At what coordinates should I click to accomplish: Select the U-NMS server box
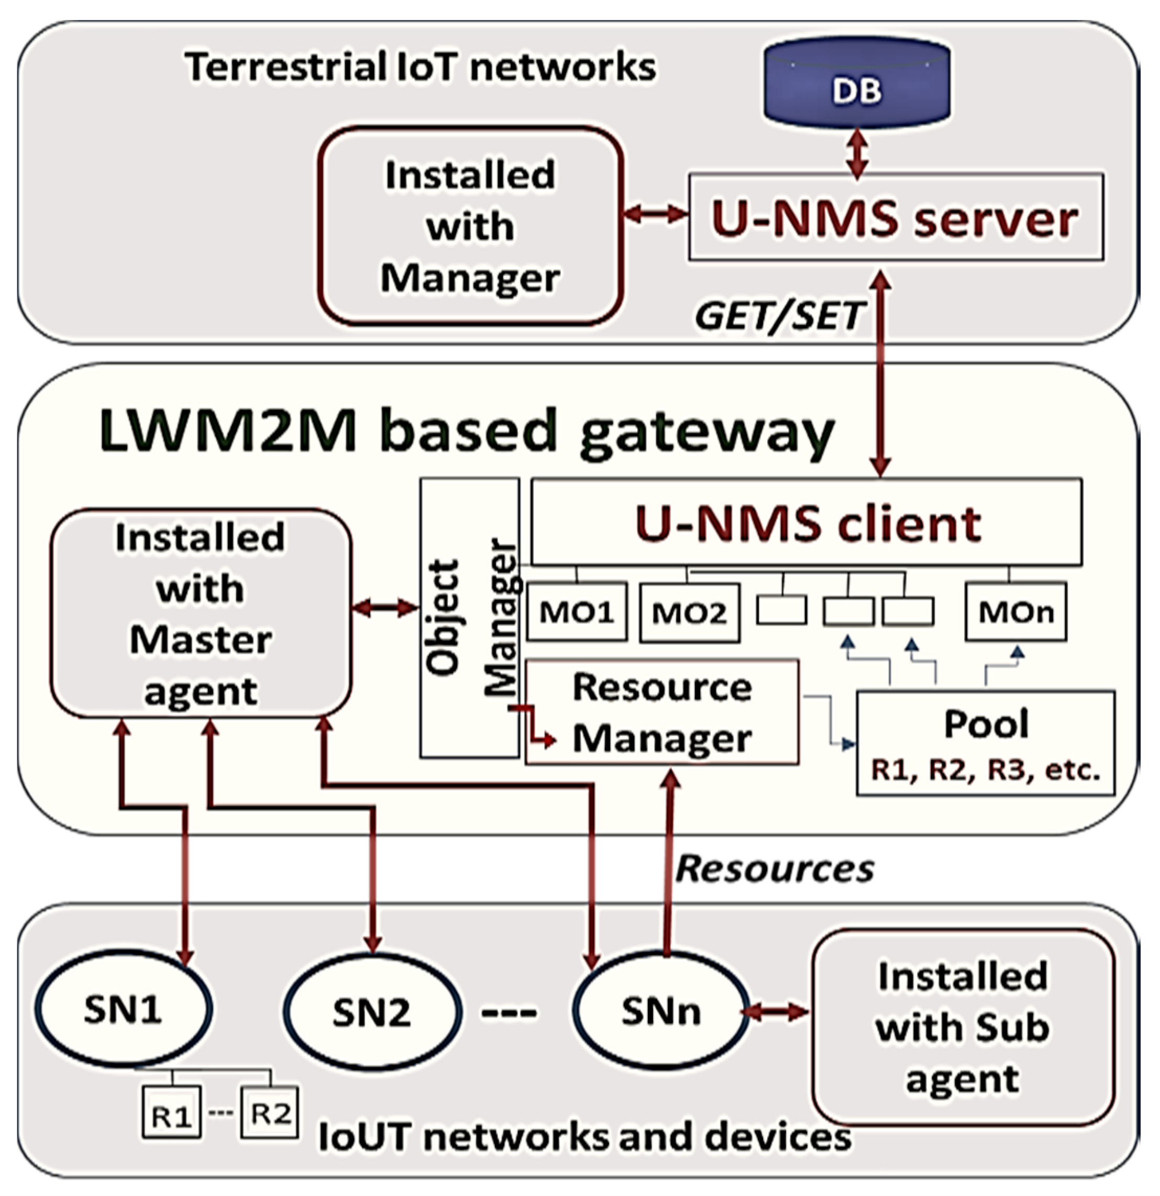pos(896,217)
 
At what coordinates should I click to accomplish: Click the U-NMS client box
pos(807,522)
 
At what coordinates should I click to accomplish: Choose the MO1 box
pos(577,612)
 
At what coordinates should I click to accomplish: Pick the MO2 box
pos(690,612)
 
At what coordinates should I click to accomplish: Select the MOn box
pos(1016,611)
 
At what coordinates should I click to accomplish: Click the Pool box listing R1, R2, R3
pos(986,743)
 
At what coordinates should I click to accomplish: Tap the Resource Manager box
pos(662,711)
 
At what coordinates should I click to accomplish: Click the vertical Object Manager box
pos(469,618)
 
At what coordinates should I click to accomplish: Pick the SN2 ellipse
pos(372,1011)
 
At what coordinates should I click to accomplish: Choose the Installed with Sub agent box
pos(964,1027)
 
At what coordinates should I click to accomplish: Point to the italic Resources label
pos(775,868)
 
